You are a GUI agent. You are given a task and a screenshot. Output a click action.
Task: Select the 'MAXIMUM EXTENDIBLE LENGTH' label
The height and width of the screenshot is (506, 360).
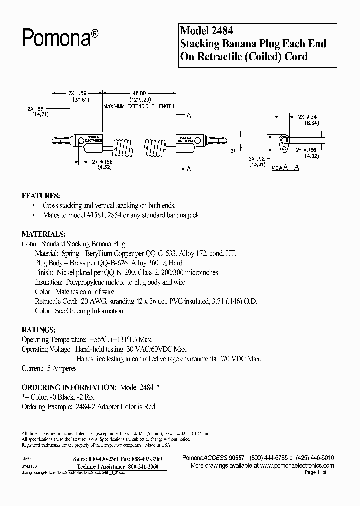pyautogui.click(x=138, y=106)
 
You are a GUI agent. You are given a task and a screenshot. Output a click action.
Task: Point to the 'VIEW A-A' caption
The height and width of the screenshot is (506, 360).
pyautogui.click(x=285, y=168)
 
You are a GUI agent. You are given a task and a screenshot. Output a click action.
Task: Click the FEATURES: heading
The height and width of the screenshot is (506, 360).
pyautogui.click(x=41, y=195)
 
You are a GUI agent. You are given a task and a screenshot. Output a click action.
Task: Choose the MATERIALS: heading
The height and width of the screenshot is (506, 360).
pyautogui.click(x=44, y=234)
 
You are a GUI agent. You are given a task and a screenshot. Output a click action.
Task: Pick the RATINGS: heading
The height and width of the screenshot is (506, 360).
pyautogui.click(x=38, y=330)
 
